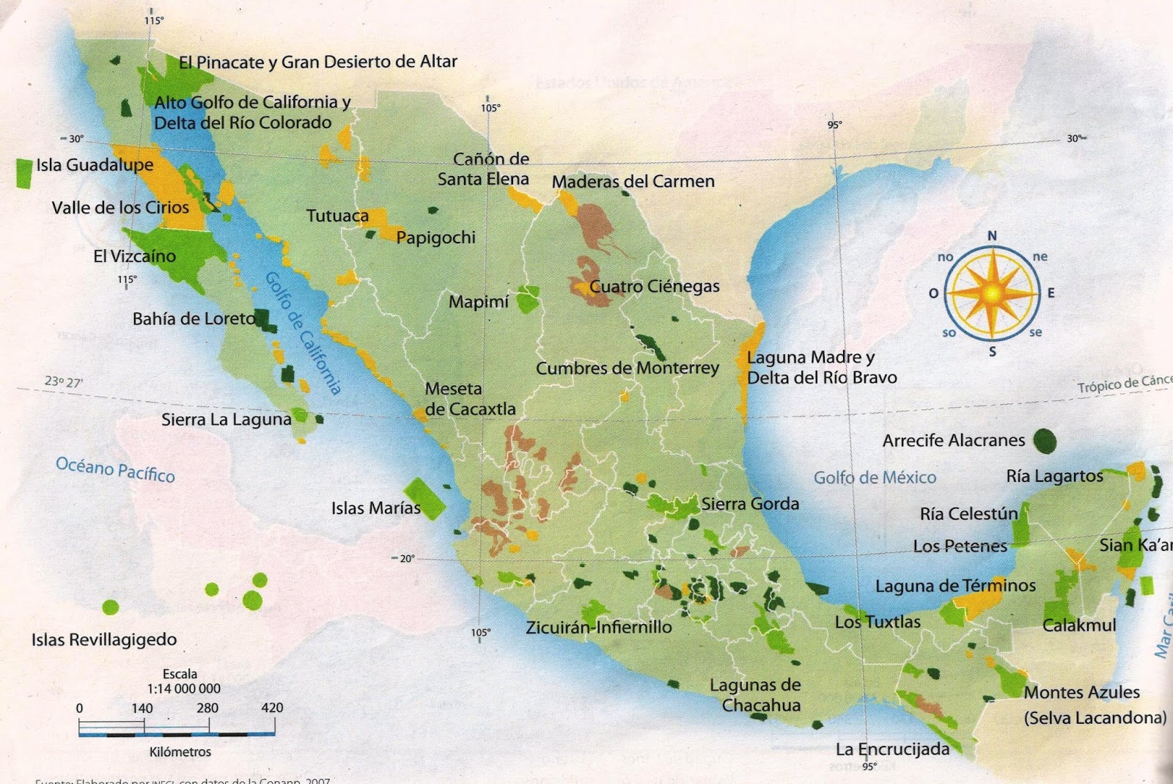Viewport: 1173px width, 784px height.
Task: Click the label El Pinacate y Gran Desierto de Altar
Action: click(x=317, y=62)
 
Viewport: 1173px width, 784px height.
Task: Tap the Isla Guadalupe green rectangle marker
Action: click(x=24, y=173)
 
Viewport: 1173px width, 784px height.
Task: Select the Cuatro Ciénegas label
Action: click(x=654, y=287)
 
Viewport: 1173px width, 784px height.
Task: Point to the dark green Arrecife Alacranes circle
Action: click(x=1045, y=440)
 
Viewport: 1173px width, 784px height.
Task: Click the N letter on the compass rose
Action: click(x=992, y=235)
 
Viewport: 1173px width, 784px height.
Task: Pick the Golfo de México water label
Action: click(x=875, y=478)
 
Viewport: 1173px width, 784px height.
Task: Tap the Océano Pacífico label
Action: click(x=115, y=469)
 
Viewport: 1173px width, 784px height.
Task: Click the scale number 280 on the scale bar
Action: click(x=207, y=708)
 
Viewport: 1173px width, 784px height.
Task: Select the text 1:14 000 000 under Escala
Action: click(x=183, y=689)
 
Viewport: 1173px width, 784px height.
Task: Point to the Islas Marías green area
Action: click(x=424, y=498)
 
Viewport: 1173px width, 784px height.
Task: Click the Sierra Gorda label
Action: click(x=749, y=504)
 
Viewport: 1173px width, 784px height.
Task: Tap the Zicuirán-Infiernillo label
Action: click(x=598, y=627)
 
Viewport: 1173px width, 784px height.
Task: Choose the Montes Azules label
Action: click(x=1081, y=692)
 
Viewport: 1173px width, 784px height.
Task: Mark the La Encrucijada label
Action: click(x=892, y=749)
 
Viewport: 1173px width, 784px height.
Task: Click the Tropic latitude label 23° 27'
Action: click(x=64, y=381)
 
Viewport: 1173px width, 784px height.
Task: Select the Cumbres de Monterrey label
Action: click(x=627, y=368)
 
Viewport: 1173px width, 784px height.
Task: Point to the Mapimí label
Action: click(x=478, y=302)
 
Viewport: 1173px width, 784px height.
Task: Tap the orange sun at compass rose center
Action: click(x=992, y=293)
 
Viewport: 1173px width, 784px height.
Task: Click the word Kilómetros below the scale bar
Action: click(x=180, y=752)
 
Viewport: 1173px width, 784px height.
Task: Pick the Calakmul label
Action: click(x=1079, y=626)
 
